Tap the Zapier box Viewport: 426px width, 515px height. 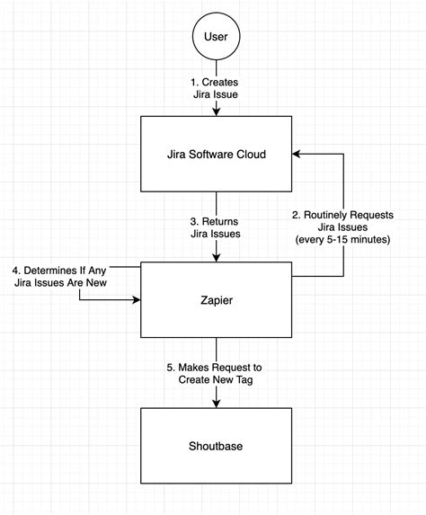tap(217, 300)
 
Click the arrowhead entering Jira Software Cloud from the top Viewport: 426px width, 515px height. tap(217, 113)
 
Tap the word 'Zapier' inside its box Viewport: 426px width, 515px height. tap(217, 300)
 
